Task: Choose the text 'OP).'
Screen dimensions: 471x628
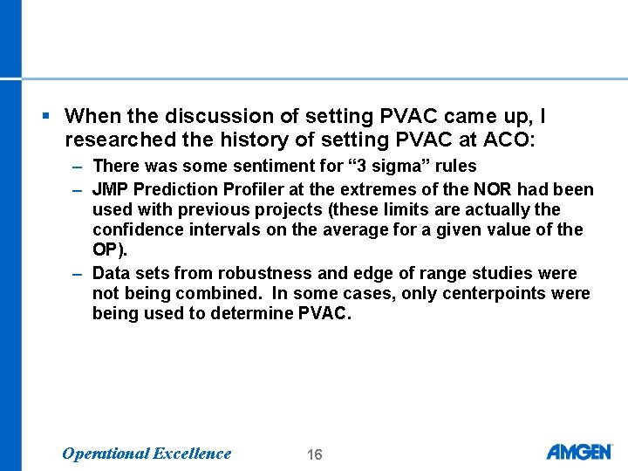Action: pyautogui.click(x=109, y=250)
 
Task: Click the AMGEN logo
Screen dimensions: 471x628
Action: pyautogui.click(x=579, y=452)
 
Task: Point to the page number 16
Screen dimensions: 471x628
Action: pyautogui.click(x=315, y=454)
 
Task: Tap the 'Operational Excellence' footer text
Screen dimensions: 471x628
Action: pyautogui.click(x=147, y=453)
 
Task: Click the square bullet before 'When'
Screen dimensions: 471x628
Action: pyautogui.click(x=45, y=116)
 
